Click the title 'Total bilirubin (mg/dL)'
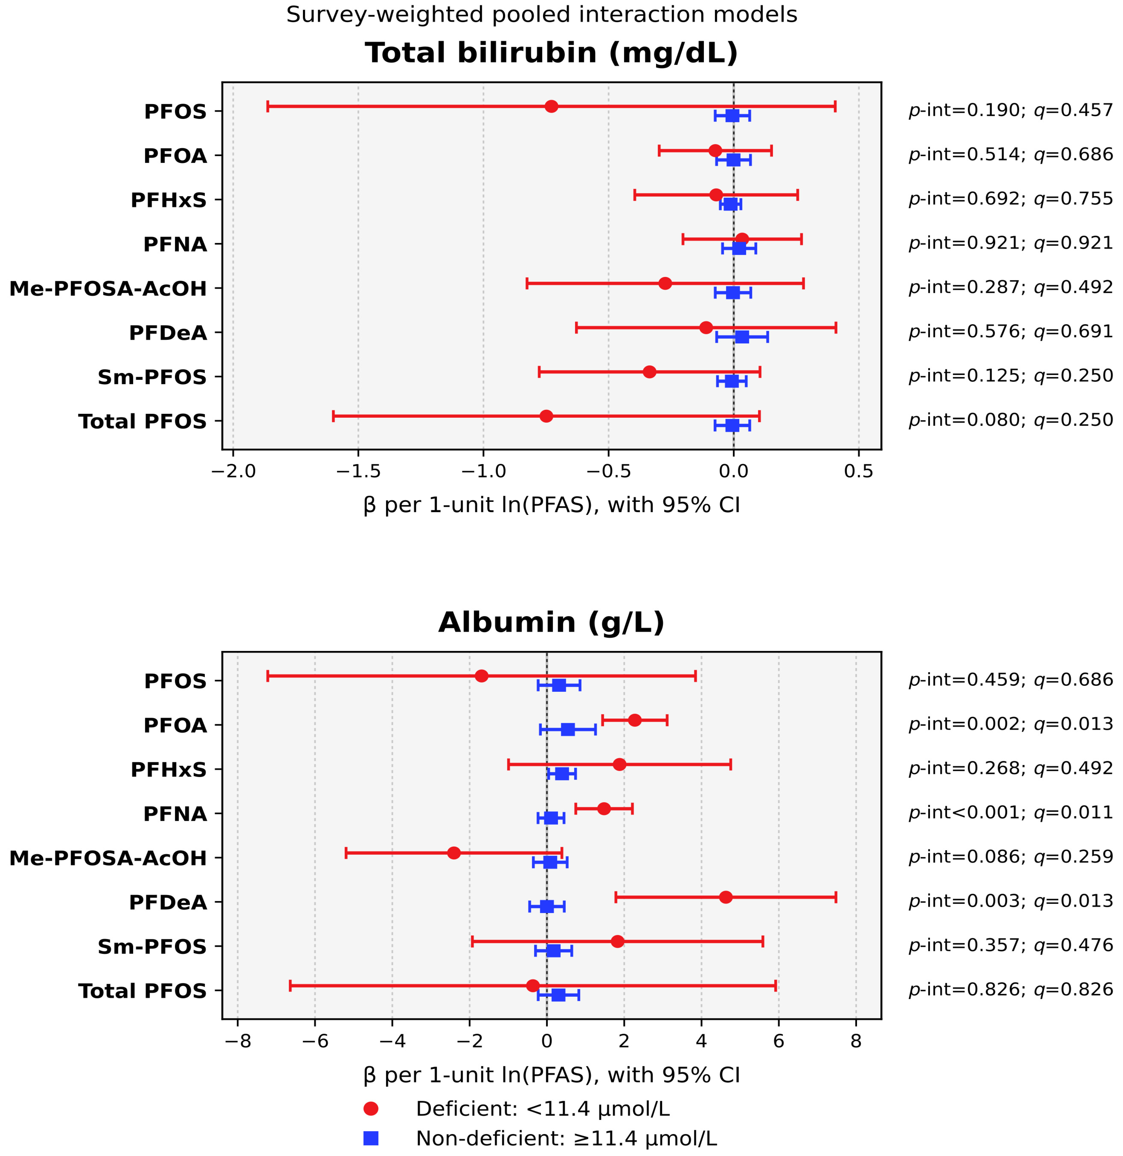[551, 53]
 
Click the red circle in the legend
[371, 1109]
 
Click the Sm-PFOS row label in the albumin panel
[152, 947]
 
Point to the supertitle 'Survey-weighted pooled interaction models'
[541, 15]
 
